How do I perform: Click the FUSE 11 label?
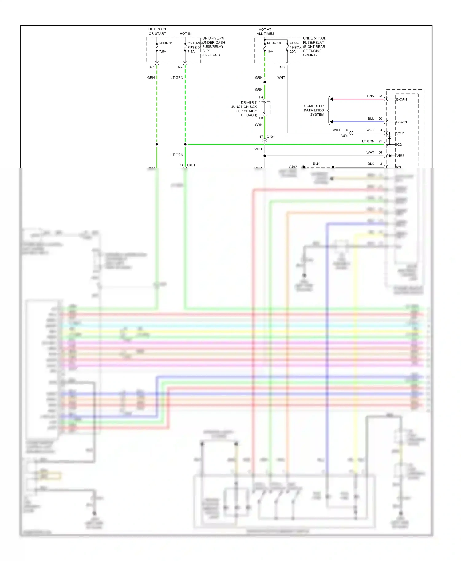tap(166, 43)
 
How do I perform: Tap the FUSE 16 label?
tap(274, 43)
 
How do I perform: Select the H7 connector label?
tap(152, 67)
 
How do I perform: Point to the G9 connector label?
tap(180, 67)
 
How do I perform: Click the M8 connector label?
tap(282, 67)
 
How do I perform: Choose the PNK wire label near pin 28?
tap(371, 96)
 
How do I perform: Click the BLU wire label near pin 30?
tap(371, 119)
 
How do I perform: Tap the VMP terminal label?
tap(400, 133)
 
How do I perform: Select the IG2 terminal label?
tap(399, 145)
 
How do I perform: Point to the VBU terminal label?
tap(400, 156)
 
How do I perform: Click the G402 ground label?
tap(293, 167)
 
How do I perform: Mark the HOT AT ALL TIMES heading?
tap(265, 32)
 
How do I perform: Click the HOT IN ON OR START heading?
tap(157, 31)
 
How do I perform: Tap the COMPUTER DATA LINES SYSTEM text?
tap(314, 110)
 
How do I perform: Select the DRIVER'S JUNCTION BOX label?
tap(245, 109)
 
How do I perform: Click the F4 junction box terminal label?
tap(261, 97)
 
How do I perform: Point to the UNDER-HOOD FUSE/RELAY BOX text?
tap(314, 47)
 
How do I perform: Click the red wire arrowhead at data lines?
tap(331, 99)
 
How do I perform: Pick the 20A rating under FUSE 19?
tap(293, 52)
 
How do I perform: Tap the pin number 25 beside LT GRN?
tap(380, 141)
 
